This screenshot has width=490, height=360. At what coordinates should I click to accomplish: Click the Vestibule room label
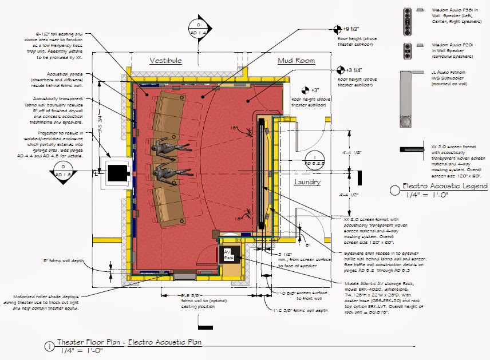tap(165, 60)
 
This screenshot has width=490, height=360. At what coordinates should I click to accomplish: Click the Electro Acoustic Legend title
tap(445, 186)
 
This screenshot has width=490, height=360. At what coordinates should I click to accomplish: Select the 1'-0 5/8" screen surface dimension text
tap(295, 294)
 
